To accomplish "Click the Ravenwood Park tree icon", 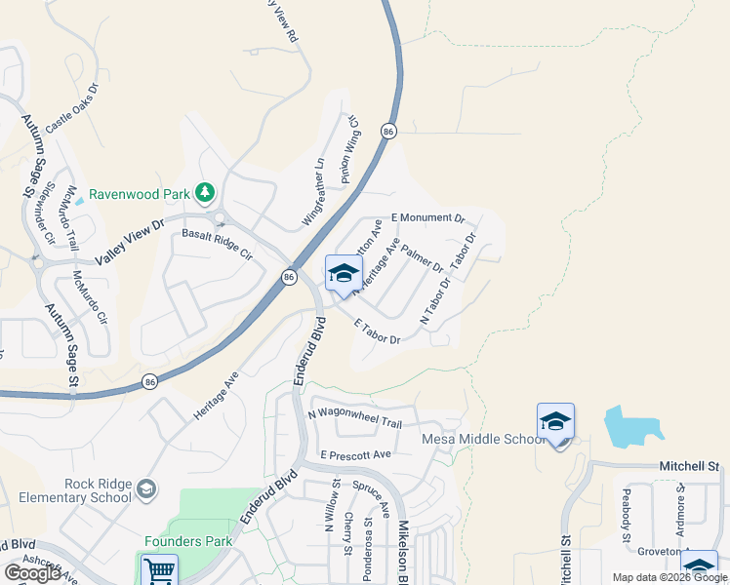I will tap(205, 192).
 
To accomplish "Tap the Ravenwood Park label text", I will tap(139, 193).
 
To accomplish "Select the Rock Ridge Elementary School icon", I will tap(146, 488).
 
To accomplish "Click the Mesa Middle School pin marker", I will tap(555, 422).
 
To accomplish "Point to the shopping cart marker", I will tap(159, 570).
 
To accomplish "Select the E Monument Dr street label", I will tap(427, 218).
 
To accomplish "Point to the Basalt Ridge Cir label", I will tap(218, 245).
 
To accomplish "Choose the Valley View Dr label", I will tap(130, 241).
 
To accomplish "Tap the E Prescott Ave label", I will tap(355, 454).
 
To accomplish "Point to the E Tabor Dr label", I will tap(377, 331).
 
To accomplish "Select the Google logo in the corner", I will tap(32, 573).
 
